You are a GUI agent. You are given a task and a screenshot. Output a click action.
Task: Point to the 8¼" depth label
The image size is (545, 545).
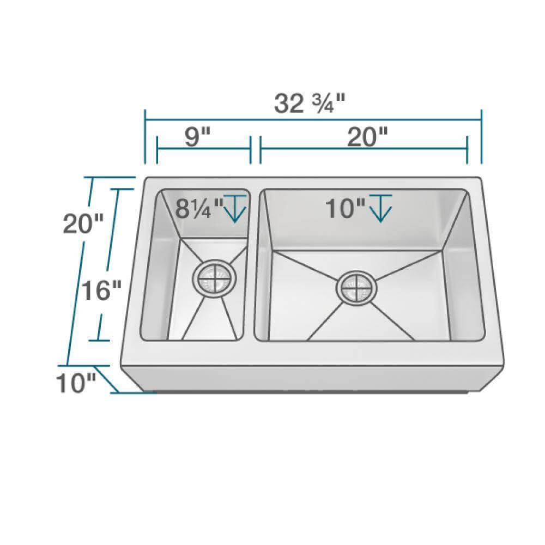tap(199, 208)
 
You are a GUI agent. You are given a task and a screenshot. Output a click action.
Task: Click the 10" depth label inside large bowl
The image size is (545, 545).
tap(346, 208)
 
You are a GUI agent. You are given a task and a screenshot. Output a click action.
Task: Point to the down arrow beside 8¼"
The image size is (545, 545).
tap(235, 209)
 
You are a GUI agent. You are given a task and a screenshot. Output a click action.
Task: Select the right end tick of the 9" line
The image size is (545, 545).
tap(250, 150)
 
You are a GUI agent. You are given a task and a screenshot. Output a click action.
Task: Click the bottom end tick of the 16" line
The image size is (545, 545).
tap(99, 340)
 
